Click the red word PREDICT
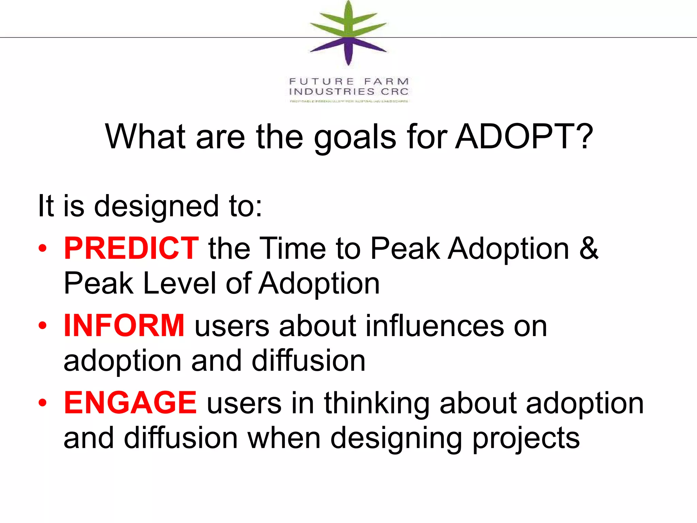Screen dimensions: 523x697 131,248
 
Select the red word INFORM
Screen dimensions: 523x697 124,326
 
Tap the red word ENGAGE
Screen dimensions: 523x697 130,402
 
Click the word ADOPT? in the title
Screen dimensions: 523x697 524,137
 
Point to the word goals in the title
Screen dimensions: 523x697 355,138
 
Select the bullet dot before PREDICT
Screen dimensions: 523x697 43,249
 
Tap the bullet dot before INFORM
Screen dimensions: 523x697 43,326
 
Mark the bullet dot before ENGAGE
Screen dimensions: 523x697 43,403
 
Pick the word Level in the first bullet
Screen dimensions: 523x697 180,283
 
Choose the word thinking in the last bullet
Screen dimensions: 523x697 377,404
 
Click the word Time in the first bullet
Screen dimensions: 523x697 293,248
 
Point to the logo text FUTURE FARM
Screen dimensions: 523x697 349,82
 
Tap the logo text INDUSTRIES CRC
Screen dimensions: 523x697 349,92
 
